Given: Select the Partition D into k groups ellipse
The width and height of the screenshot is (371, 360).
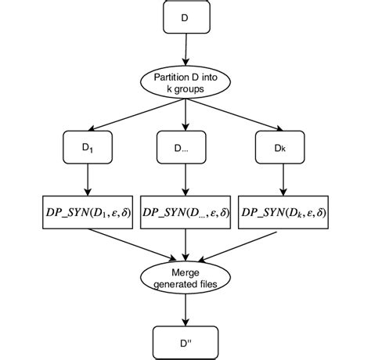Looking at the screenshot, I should click(185, 84).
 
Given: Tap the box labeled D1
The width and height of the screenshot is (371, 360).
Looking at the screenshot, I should click(84, 147).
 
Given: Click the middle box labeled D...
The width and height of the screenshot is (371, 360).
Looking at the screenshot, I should click(185, 147).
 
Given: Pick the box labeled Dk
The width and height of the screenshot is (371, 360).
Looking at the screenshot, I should click(279, 147).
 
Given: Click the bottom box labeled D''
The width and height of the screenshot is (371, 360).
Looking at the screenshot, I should click(185, 340).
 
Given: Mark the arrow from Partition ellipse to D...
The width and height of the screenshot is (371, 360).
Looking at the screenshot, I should click(185, 116).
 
